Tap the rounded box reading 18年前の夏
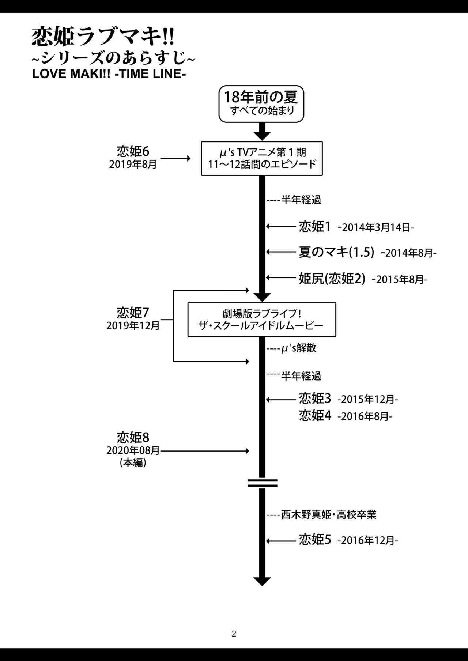pos(261,104)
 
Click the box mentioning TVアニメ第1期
pos(262,158)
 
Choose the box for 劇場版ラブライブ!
pos(262,320)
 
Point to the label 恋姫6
pos(133,151)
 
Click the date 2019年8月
pos(133,165)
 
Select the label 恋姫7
pos(133,313)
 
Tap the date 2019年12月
pos(133,326)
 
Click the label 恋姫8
pos(133,437)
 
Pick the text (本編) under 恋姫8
pos(133,463)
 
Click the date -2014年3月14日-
pos(376,228)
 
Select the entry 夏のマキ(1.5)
pos(336,252)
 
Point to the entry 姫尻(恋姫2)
pos(332,279)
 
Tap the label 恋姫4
pos(315,416)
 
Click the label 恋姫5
pos(315,540)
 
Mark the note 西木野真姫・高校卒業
pos(328,515)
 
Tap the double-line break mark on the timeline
pos(262,483)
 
